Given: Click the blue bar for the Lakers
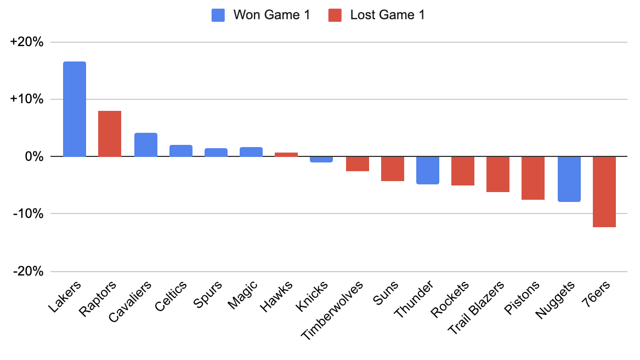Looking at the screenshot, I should pyautogui.click(x=75, y=109).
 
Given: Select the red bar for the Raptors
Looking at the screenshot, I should pyautogui.click(x=110, y=134).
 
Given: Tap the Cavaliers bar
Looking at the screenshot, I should pyautogui.click(x=146, y=145).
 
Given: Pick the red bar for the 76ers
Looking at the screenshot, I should pyautogui.click(x=604, y=192).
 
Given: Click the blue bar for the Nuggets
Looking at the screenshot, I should pyautogui.click(x=569, y=179).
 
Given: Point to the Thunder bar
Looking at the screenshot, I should pyautogui.click(x=428, y=170).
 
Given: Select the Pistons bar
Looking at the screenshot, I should pyautogui.click(x=533, y=178).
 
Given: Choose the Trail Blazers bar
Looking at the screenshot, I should pyautogui.click(x=498, y=174).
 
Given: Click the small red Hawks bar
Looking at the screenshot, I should pyautogui.click(x=286, y=155).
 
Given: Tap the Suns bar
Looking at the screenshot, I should pyautogui.click(x=393, y=168).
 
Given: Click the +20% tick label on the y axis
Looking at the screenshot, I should pyautogui.click(x=27, y=42).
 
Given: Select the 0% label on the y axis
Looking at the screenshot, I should pyautogui.click(x=33, y=157).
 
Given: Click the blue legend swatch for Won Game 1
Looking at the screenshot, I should pyautogui.click(x=218, y=15).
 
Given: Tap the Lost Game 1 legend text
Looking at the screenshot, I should pyautogui.click(x=387, y=15).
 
